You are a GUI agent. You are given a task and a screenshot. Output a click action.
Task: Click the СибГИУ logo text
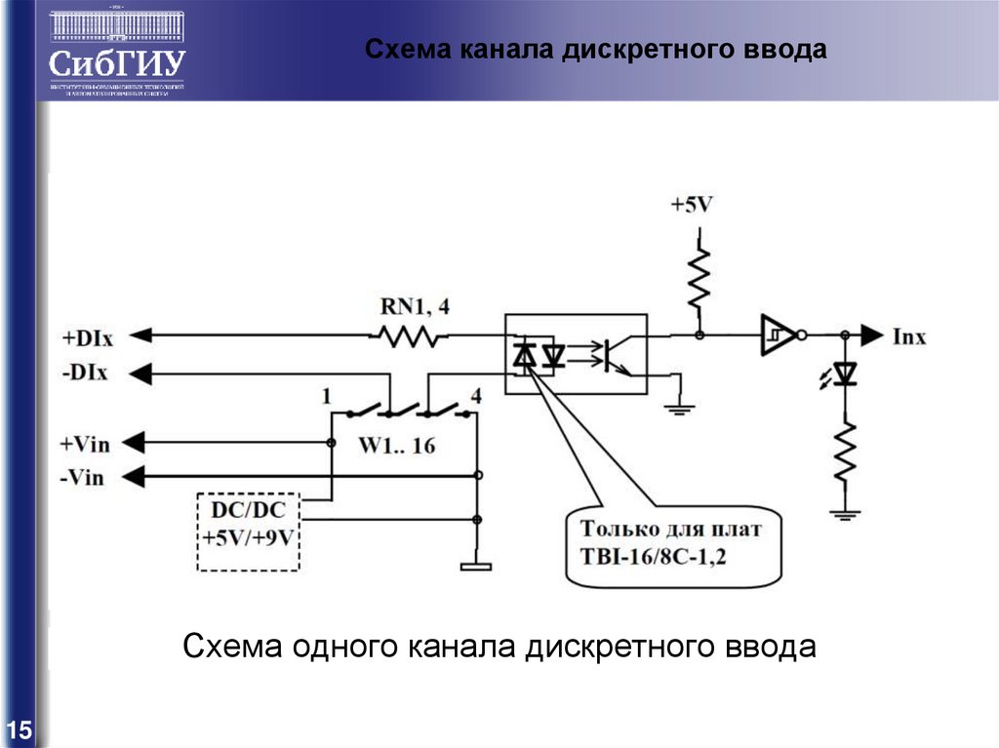[x=117, y=62]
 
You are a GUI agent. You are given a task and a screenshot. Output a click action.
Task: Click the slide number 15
[x=19, y=729]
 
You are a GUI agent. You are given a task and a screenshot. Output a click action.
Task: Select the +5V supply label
[x=692, y=206]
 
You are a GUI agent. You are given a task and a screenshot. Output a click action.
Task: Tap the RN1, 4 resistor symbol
[x=407, y=336]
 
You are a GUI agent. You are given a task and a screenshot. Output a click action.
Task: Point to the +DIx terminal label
[x=87, y=337]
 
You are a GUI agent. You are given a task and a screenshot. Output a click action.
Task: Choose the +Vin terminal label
[x=85, y=444]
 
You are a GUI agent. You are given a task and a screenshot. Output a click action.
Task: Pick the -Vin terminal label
[x=85, y=477]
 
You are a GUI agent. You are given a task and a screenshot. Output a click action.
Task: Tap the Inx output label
[x=909, y=337]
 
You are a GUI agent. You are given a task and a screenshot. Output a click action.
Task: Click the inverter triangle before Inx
[x=778, y=335]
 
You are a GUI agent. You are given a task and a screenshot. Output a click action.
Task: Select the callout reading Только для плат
[x=673, y=545]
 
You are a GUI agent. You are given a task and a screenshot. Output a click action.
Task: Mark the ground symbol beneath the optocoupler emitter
[x=679, y=408]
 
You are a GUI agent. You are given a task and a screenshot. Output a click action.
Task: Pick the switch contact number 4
[x=476, y=396]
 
